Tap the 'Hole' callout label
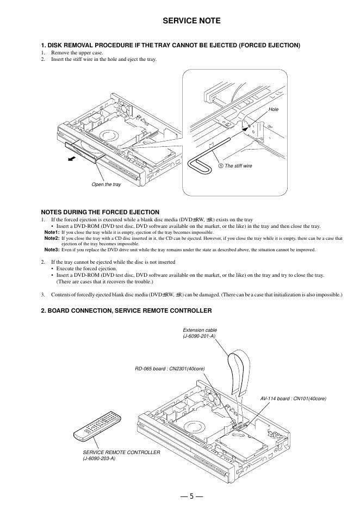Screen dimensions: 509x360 [274, 109]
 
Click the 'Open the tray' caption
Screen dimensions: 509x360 [106, 185]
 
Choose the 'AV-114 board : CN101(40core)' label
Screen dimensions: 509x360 [293, 399]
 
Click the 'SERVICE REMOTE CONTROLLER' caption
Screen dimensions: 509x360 [121, 452]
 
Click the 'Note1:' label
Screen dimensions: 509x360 [52, 232]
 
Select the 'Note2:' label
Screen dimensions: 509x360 [52, 238]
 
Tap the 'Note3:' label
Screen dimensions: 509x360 [52, 250]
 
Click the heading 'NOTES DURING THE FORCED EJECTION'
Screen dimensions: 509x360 [100, 212]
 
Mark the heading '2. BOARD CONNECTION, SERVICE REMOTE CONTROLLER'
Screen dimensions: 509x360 [126, 311]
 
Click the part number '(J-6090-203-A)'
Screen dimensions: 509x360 [99, 458]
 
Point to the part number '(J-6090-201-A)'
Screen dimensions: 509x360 [199, 337]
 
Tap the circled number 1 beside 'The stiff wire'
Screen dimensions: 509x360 [221, 165]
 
